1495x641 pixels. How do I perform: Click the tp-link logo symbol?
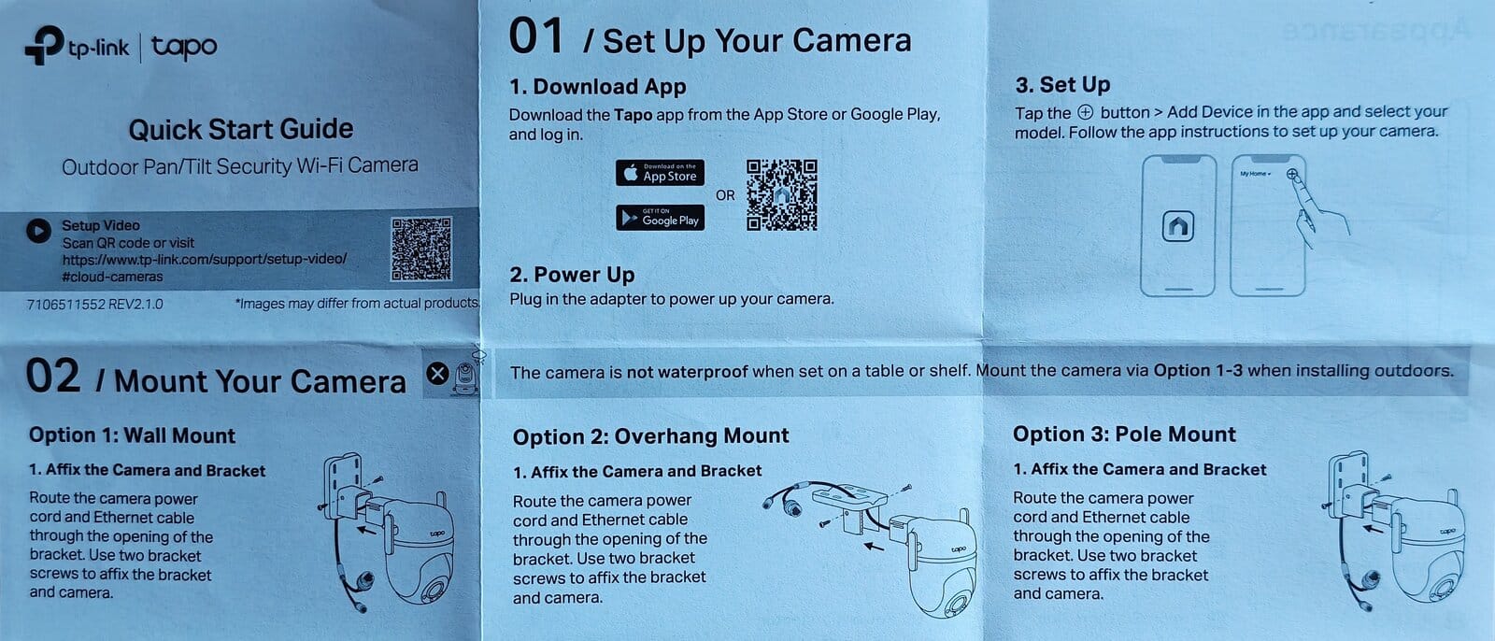tap(44, 46)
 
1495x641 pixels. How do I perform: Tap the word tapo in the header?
tap(184, 47)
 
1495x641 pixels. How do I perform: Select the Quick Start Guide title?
tap(241, 129)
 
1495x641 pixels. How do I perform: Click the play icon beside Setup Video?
tap(38, 231)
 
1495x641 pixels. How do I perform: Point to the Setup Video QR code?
tap(421, 249)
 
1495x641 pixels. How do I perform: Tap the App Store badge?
tap(660, 173)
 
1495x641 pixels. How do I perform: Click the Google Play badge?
tap(660, 218)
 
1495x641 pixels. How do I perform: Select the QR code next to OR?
tap(781, 195)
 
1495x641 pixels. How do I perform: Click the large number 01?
tap(536, 36)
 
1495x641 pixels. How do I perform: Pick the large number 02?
tap(52, 376)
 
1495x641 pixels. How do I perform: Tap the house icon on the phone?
tap(1178, 226)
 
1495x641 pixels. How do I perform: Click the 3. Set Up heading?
tap(1062, 85)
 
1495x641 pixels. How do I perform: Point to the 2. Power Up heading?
tap(572, 275)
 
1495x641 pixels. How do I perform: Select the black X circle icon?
tap(438, 374)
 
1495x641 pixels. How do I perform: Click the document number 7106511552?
tap(66, 305)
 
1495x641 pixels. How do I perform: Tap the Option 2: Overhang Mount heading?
tap(650, 436)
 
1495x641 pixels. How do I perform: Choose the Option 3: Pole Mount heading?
tap(1125, 434)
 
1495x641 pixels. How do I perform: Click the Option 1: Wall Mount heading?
tap(132, 435)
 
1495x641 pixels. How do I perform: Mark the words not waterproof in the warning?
tap(688, 372)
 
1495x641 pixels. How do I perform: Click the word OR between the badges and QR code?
tap(725, 195)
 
